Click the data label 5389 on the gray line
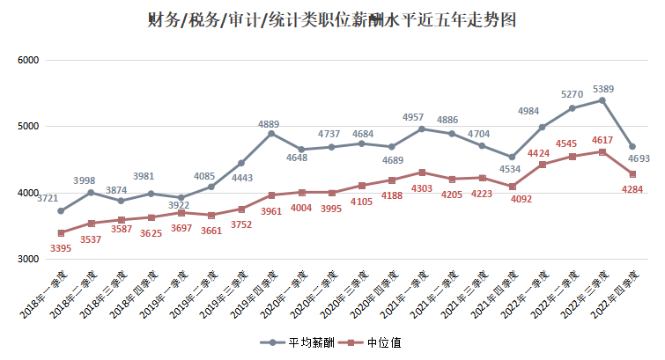pos(603,89)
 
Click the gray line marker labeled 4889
pos(271,134)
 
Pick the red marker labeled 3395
pos(61,233)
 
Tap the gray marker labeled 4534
pos(512,158)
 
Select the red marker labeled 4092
pos(512,187)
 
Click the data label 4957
pos(413,116)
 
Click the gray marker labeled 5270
pos(572,108)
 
